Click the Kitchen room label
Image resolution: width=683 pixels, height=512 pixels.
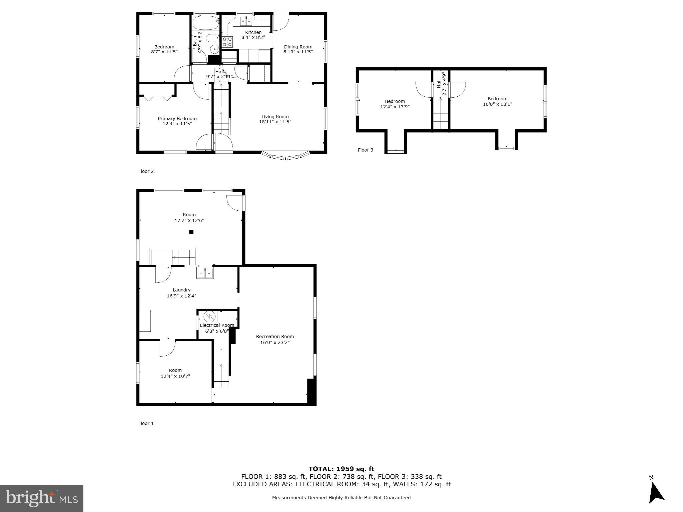253,32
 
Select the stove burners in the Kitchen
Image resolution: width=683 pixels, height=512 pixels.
227,42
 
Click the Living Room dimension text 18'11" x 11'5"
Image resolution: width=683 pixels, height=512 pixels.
275,122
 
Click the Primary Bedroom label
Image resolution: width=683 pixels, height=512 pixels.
177,119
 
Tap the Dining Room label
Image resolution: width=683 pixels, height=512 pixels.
298,47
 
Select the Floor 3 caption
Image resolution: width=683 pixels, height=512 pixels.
365,150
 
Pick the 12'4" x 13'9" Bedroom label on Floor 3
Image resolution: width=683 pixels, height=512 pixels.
395,101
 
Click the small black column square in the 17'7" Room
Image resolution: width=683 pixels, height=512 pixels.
191,232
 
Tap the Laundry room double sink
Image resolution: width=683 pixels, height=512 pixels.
205,273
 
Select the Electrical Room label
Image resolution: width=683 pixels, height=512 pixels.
217,325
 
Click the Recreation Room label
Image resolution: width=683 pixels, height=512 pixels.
275,337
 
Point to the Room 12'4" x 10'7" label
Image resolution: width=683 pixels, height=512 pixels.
175,370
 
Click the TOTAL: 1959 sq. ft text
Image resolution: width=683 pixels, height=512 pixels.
341,469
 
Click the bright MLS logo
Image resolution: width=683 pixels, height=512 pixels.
42,498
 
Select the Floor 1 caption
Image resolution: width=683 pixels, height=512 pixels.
146,423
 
